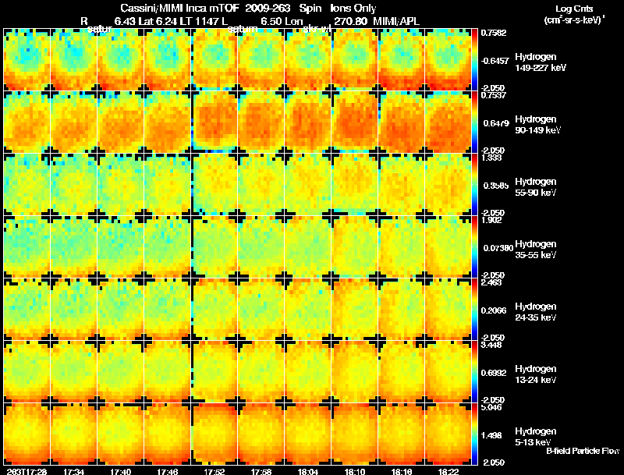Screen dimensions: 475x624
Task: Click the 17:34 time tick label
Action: coord(74,470)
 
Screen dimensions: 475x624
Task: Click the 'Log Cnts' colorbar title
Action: coord(573,8)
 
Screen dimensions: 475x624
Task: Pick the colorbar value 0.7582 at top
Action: coord(493,33)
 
